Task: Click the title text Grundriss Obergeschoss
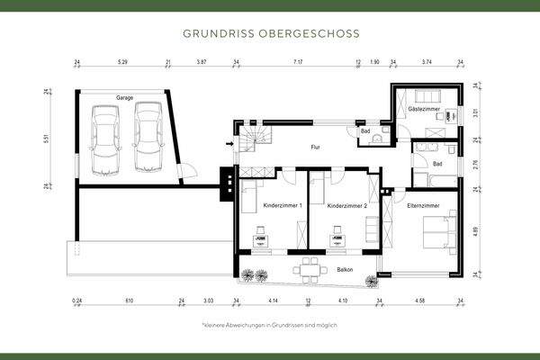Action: pos(270,33)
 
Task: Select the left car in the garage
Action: pos(106,139)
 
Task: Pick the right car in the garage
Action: pos(147,137)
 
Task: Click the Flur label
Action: pos(316,146)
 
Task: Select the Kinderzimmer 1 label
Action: pos(282,206)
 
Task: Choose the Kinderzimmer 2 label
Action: pos(346,206)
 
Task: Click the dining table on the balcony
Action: pos(310,266)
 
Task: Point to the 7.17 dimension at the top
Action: pos(297,64)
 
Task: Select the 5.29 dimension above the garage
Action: pos(122,64)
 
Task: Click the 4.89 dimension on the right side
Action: pos(476,229)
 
